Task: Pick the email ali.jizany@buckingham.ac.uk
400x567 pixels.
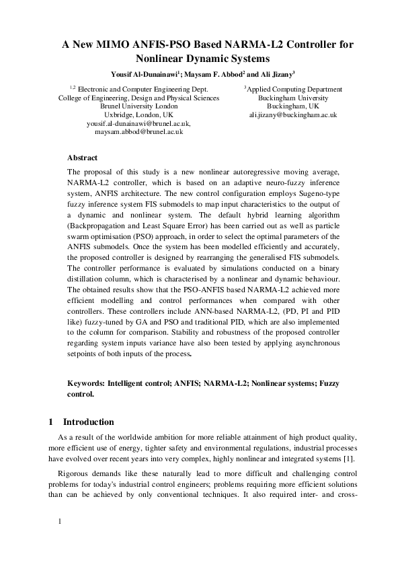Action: (293, 115)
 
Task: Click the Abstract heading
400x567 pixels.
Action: (83, 158)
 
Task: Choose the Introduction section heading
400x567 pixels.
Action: (88, 422)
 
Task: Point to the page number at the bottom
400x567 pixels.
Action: (61, 521)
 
